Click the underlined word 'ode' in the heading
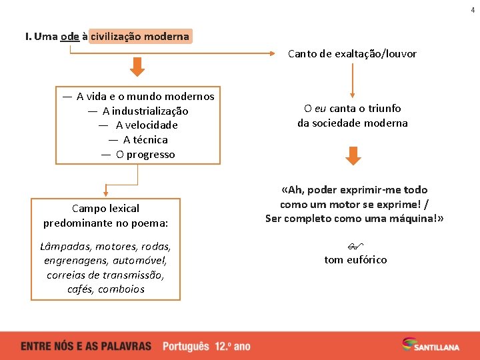[69, 37]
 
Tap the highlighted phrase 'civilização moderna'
[140, 37]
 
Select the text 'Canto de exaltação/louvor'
[352, 54]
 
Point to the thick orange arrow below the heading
[137, 67]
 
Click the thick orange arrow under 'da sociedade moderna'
[353, 156]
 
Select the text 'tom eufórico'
[355, 260]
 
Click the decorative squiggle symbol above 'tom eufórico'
[355, 246]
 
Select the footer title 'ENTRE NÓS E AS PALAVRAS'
[86, 347]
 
